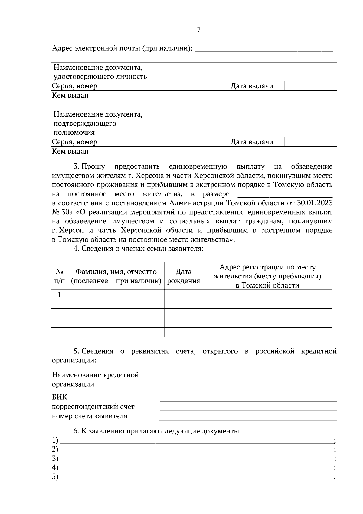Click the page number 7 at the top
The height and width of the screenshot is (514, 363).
pos(198,30)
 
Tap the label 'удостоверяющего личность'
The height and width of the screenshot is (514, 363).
pos(100,77)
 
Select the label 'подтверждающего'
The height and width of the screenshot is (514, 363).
pos(85,124)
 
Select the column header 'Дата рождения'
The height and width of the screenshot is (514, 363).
pos(183,276)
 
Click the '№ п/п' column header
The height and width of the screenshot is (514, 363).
pos(59,276)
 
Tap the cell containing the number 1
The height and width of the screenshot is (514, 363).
pos(59,295)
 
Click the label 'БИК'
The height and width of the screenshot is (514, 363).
pos(60,397)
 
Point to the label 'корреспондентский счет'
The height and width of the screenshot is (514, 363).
pos(93,407)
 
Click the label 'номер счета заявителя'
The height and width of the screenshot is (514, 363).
pos(90,416)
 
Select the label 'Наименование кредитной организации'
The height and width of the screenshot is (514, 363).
pos(95,379)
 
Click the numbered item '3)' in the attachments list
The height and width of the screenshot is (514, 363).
pos(55,458)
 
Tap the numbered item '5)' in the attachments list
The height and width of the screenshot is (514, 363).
pos(55,477)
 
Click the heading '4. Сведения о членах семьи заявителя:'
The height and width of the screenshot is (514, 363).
pos(138,249)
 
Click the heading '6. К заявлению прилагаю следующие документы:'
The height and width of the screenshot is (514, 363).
pos(157,431)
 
